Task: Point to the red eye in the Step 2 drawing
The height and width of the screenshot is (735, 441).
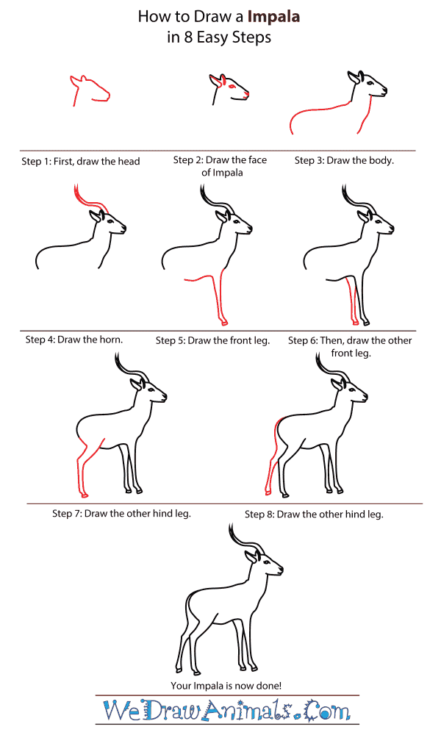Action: point(233,87)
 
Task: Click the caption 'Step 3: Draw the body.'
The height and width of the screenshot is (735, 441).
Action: point(344,160)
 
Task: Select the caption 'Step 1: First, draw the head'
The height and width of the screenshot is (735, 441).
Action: point(82,161)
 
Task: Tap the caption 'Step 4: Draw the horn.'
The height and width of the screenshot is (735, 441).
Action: point(73,340)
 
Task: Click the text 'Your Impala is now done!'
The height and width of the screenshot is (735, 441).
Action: point(226,685)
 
